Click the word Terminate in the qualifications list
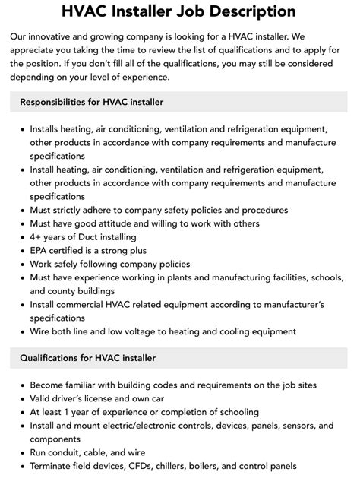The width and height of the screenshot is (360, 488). point(54,466)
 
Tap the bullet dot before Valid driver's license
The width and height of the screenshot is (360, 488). point(21,398)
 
